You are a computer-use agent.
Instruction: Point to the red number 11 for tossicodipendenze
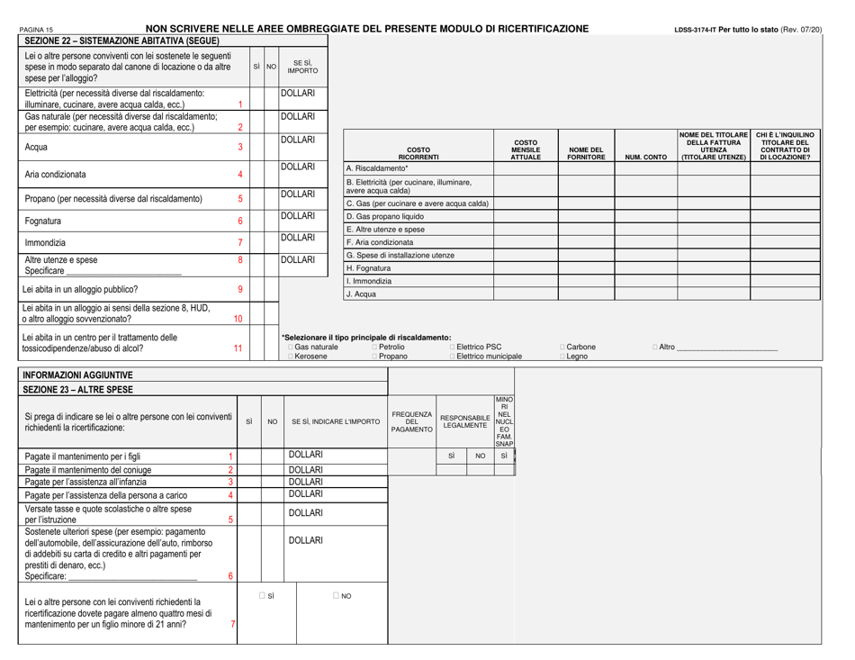(238, 347)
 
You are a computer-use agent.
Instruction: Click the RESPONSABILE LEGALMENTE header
(465, 420)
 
